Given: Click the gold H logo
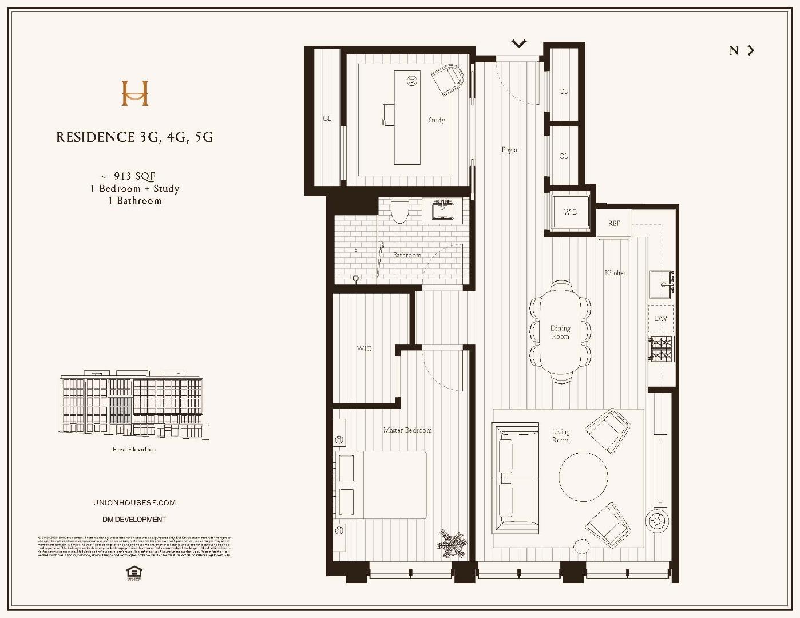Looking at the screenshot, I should coord(135,93).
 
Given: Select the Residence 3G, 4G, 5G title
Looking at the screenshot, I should coord(134,137).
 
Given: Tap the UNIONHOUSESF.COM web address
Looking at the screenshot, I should coord(134,502).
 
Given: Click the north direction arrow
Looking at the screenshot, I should coord(750,50).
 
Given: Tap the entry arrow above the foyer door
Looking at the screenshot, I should coord(518,43).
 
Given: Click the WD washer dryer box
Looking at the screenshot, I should coord(570,212).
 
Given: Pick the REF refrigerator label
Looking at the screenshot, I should coord(613,223).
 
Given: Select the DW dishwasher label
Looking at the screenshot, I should coord(660,319).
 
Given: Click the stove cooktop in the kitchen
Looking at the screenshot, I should coord(661,349).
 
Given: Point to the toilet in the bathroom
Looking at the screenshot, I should coord(399,211).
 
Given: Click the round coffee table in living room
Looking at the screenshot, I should coord(583,477).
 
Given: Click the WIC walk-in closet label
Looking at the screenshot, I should coord(364,348).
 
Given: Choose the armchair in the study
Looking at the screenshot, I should coord(447,80).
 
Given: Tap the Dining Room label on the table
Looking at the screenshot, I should coord(560,332).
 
